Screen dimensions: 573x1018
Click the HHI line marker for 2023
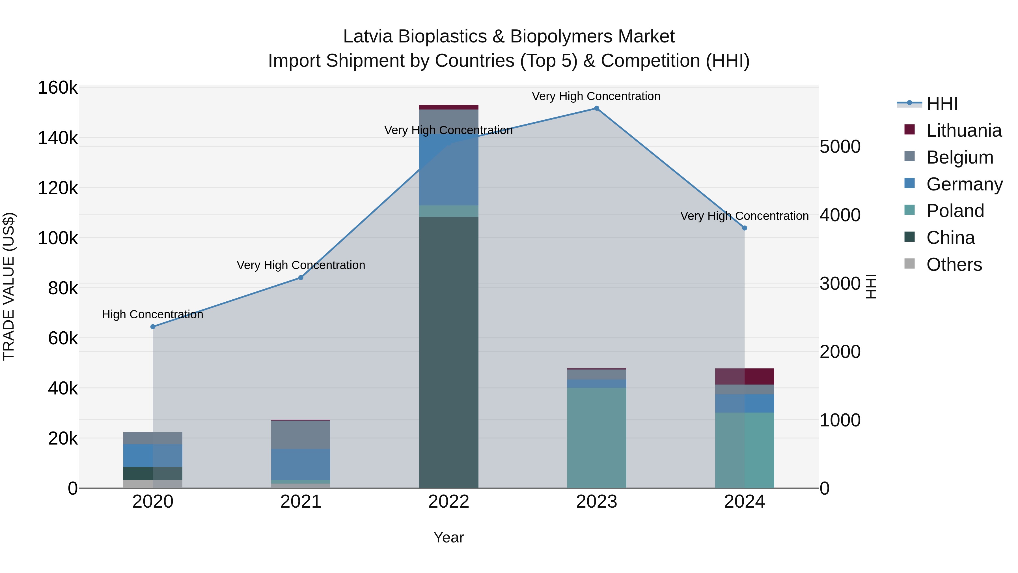[x=596, y=108]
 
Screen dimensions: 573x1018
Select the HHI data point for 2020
[x=153, y=327]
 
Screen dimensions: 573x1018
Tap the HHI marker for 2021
[x=301, y=278]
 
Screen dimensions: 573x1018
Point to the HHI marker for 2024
[x=745, y=228]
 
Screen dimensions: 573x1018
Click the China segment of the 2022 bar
[x=448, y=352]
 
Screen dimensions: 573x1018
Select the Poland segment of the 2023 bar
[x=596, y=437]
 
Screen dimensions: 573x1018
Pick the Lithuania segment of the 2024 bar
[x=745, y=376]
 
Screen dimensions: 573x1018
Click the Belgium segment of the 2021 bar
[x=301, y=435]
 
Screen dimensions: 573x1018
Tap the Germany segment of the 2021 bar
[x=301, y=464]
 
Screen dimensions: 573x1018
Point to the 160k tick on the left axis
[x=58, y=88]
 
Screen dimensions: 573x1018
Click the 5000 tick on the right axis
[x=840, y=147]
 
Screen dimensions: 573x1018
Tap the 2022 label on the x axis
[x=448, y=502]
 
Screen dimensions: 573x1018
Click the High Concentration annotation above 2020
[x=152, y=314]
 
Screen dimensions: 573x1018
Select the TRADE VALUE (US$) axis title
[x=9, y=286]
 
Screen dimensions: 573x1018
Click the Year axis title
[x=448, y=537]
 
